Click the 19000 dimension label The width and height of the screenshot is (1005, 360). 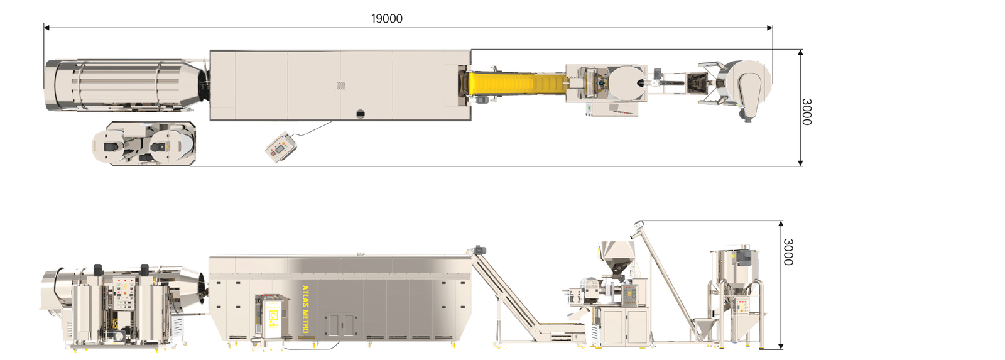point(387,19)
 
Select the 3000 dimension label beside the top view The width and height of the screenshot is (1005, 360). point(807,112)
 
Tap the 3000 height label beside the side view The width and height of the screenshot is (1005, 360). point(788,252)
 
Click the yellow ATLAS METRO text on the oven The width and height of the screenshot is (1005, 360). point(305,309)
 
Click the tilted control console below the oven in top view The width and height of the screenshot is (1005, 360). point(281,147)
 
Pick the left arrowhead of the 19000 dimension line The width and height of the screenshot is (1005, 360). point(46,28)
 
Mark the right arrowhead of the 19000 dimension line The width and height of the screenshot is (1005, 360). point(769,28)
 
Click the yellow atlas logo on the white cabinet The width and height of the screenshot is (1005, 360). point(273,319)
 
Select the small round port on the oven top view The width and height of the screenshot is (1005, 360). point(361,114)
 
